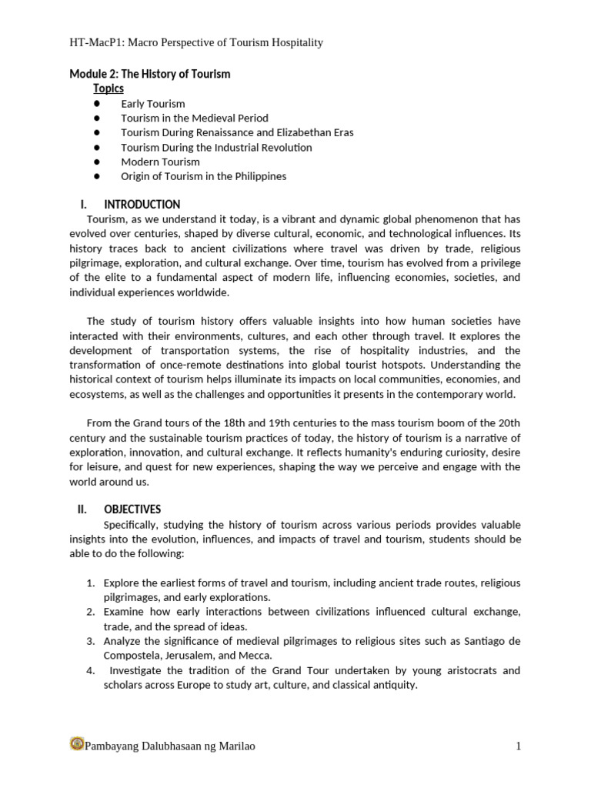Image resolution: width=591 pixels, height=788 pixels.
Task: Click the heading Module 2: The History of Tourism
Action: coord(149,74)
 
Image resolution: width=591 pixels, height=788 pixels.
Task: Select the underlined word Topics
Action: coord(109,88)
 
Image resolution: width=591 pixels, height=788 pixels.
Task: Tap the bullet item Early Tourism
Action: coord(152,103)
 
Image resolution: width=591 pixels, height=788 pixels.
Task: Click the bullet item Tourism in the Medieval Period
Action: coord(194,118)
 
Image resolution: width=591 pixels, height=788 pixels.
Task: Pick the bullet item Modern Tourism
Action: coord(160,162)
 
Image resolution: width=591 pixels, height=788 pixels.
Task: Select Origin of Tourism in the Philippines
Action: coord(203,176)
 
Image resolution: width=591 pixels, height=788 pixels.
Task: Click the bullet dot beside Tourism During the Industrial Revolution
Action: coord(97,147)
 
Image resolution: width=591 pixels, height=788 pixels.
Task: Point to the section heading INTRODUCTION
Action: coord(142,205)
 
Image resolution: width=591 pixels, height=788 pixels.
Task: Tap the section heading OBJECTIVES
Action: coord(132,509)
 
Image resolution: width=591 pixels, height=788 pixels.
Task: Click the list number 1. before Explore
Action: coord(90,583)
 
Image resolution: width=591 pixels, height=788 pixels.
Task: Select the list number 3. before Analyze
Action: coord(90,640)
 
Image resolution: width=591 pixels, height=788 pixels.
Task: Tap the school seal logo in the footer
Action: coord(76,744)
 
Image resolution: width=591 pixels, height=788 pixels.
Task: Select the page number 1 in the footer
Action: coord(518,746)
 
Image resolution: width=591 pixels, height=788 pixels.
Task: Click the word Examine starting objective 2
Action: coord(123,612)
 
